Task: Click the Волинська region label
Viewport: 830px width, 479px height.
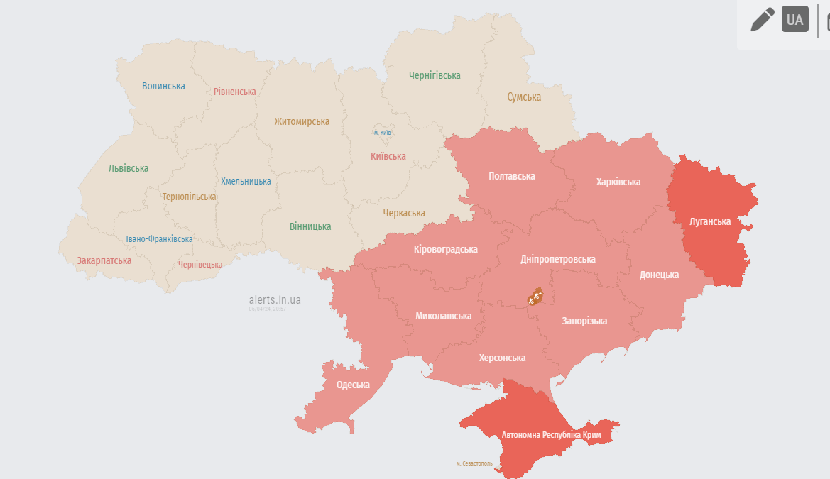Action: point(163,86)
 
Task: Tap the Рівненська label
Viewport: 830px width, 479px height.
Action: point(234,92)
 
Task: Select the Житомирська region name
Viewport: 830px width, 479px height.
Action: point(302,121)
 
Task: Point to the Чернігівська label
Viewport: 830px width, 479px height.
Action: point(435,75)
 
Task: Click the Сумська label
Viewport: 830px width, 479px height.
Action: point(524,97)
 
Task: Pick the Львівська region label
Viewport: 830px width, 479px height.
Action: point(129,168)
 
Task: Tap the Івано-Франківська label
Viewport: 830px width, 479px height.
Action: point(159,239)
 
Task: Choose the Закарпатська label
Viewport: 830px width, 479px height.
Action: point(104,260)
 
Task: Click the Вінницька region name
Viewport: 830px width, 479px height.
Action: point(310,226)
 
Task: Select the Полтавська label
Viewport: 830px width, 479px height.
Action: point(512,176)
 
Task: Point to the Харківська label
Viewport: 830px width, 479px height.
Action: point(618,182)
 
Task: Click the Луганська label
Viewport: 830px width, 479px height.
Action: point(710,221)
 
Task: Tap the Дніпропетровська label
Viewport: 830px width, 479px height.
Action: point(557,259)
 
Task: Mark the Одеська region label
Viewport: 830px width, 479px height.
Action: point(353,385)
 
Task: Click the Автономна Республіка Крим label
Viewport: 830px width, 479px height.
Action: point(552,434)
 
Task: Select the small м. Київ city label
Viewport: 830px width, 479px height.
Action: point(382,133)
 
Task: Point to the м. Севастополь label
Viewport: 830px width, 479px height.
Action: point(474,463)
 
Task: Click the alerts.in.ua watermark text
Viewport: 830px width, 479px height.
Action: point(275,300)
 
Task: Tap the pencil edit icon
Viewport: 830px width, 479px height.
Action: point(763,19)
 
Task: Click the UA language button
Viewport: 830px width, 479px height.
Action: point(795,19)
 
